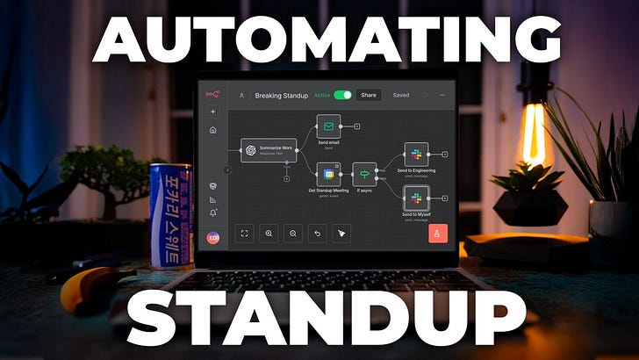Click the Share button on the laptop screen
pyautogui.click(x=369, y=95)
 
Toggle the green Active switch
pyautogui.click(x=342, y=95)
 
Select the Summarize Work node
pyautogui.click(x=269, y=149)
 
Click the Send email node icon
pyautogui.click(x=329, y=126)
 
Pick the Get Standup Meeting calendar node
pyautogui.click(x=329, y=173)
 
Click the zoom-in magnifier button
pyautogui.click(x=269, y=234)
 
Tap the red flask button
pyautogui.click(x=438, y=233)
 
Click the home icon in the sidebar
pyautogui.click(x=213, y=130)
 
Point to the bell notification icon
pyautogui.click(x=213, y=212)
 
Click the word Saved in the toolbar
pyautogui.click(x=401, y=95)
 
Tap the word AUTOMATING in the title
pyautogui.click(x=319, y=40)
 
